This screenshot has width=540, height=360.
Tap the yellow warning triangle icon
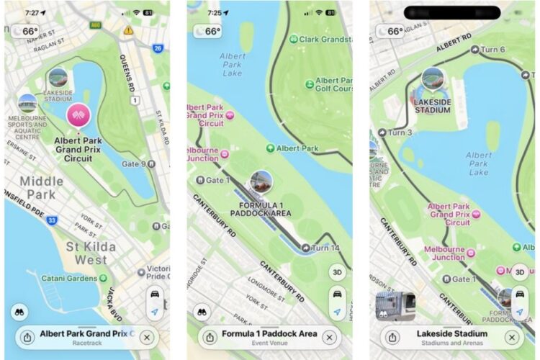(128, 30)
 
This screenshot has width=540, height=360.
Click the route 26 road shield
(158, 48)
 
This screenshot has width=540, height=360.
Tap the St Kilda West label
(81, 253)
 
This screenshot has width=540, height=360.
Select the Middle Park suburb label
(41, 188)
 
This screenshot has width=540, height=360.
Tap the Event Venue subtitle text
(269, 343)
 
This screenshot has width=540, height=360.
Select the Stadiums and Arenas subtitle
(452, 343)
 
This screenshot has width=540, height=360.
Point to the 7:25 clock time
(214, 12)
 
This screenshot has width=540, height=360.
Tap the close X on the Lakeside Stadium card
(512, 337)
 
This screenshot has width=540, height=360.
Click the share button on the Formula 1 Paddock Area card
(210, 337)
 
